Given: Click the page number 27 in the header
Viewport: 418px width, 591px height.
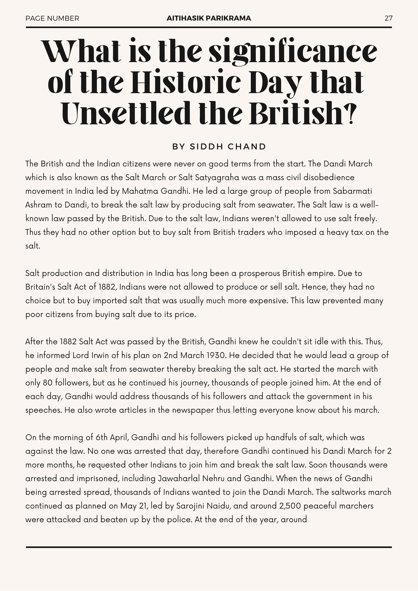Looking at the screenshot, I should (388, 18).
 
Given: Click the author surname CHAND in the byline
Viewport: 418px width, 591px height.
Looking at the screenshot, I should (247, 147).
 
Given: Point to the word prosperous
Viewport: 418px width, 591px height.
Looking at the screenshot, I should (259, 273).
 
